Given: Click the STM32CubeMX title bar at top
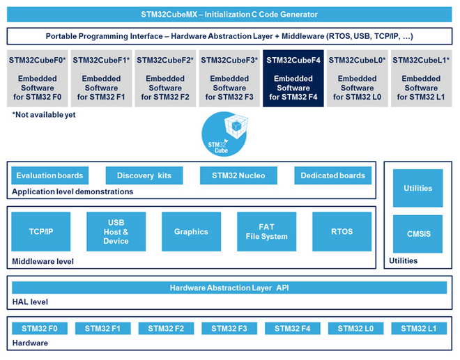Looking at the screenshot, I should tap(229, 14).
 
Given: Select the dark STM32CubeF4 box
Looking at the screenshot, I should tap(293, 78).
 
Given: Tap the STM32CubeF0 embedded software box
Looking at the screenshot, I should tap(38, 78).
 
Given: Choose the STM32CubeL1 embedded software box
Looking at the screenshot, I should tap(421, 78).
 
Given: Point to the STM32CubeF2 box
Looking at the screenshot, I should tap(165, 78).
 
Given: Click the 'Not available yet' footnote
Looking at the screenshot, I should tap(44, 114).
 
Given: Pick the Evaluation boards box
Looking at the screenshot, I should tap(49, 175).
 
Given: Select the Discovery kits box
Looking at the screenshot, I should tap(144, 175).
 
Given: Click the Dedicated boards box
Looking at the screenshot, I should tap(332, 175).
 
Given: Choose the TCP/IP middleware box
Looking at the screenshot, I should tap(40, 232).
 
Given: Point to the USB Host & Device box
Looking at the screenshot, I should tap(116, 232).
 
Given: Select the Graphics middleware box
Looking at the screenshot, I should tap(191, 232).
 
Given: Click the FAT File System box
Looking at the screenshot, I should tap(266, 232).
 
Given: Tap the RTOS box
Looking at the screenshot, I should tap(342, 232).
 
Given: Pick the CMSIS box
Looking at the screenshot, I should tap(417, 234).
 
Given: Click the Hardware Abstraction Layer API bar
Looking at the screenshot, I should tap(229, 288).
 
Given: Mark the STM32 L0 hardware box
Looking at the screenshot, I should tap(359, 329).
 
